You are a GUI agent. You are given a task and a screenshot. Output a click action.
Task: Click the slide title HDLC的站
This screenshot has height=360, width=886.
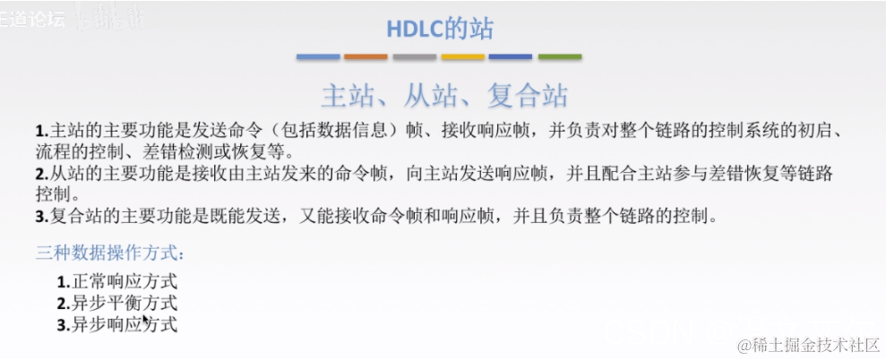tap(440, 29)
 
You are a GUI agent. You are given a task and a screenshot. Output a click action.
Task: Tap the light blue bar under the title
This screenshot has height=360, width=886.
tap(319, 57)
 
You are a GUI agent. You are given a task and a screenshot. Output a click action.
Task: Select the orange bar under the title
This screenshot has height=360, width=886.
tap(366, 57)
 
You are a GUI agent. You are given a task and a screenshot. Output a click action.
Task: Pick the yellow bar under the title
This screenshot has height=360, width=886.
tap(462, 57)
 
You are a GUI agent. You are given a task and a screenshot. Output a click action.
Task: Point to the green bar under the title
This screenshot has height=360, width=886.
tap(559, 57)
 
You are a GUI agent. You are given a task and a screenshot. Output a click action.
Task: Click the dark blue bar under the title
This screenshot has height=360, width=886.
tap(511, 57)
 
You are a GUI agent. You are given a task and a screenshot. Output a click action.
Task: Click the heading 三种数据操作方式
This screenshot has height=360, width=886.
tap(110, 253)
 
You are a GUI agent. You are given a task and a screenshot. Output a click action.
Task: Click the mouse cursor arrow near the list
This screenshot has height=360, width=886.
tap(145, 318)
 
